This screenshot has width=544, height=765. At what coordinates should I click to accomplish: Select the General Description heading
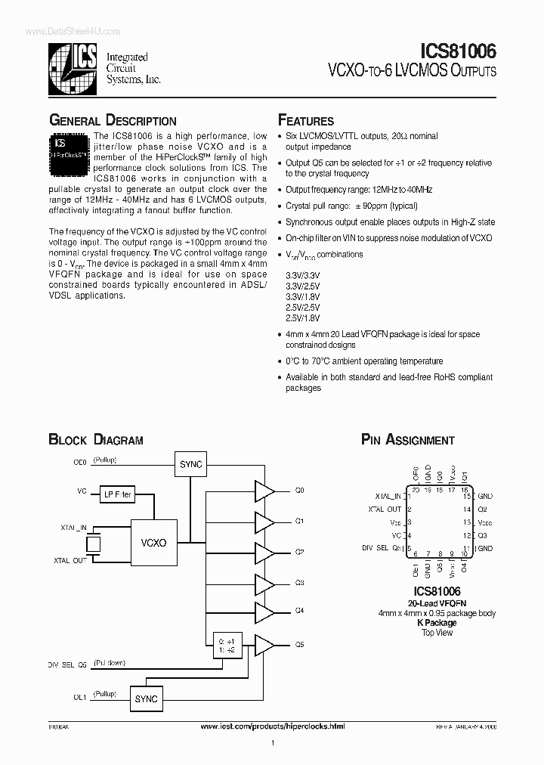click(113, 121)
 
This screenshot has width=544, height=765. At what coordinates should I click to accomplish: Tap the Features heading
click(306, 121)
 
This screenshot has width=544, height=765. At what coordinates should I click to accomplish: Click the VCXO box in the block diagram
click(153, 542)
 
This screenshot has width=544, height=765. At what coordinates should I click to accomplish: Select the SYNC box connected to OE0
click(190, 464)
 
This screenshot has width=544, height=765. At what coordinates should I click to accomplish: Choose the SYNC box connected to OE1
click(146, 699)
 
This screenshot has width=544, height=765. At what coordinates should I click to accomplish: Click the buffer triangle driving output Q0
click(264, 491)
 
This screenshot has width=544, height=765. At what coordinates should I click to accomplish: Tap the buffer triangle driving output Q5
click(264, 645)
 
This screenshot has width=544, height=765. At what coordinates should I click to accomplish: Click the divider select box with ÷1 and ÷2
click(225, 644)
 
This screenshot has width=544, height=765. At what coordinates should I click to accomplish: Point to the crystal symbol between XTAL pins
click(94, 543)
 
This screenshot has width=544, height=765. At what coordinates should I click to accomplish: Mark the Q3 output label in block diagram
click(299, 583)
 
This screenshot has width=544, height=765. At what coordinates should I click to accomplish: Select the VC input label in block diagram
click(82, 491)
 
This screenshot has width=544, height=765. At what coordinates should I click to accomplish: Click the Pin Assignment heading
click(407, 440)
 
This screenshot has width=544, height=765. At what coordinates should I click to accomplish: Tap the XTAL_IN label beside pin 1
click(388, 497)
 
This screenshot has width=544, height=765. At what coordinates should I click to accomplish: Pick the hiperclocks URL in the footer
click(274, 726)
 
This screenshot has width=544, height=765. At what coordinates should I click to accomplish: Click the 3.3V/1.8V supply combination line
click(303, 297)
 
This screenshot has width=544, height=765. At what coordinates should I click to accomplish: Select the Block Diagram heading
click(96, 440)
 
